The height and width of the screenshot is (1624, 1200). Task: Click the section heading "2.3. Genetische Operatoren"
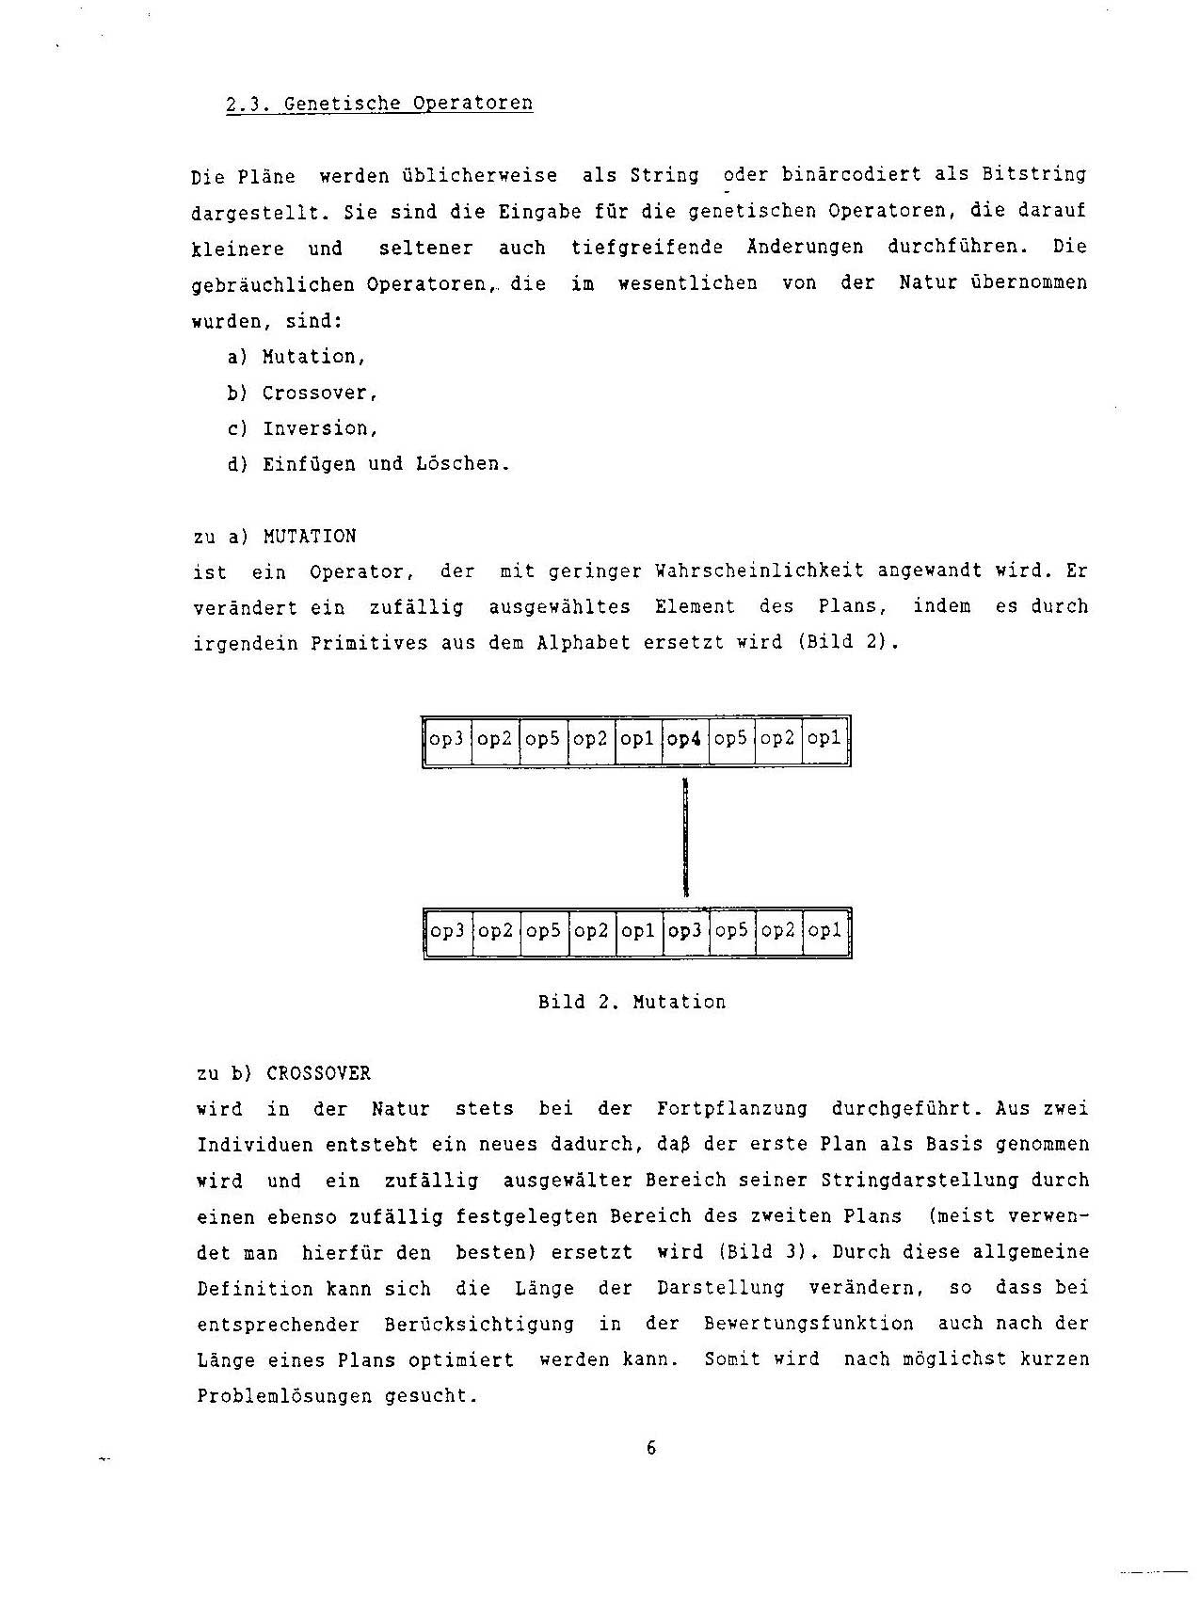coord(379,104)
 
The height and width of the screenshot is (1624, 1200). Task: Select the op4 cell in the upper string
coord(684,739)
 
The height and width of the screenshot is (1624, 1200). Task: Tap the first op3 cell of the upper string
coord(447,739)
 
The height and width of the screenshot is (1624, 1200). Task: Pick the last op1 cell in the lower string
coord(825,931)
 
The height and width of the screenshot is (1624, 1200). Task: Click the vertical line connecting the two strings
coord(686,837)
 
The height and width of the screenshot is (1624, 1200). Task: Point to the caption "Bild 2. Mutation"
coord(632,1002)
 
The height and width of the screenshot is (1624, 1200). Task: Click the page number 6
coord(651,1448)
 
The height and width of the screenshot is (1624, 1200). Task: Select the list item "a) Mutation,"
coord(296,357)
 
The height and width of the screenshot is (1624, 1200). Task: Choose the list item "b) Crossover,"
coord(302,393)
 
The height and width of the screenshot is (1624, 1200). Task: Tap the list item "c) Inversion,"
coord(302,428)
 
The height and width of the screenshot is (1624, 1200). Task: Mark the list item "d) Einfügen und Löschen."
coord(368,464)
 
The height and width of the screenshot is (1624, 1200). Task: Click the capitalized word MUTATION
coord(310,537)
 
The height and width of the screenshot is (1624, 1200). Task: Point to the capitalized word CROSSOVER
coord(319,1073)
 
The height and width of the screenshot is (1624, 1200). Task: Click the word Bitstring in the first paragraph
coord(1034,175)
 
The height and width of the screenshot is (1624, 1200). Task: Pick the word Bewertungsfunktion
coord(808,1324)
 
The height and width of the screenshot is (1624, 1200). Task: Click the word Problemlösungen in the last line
coord(284,1396)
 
